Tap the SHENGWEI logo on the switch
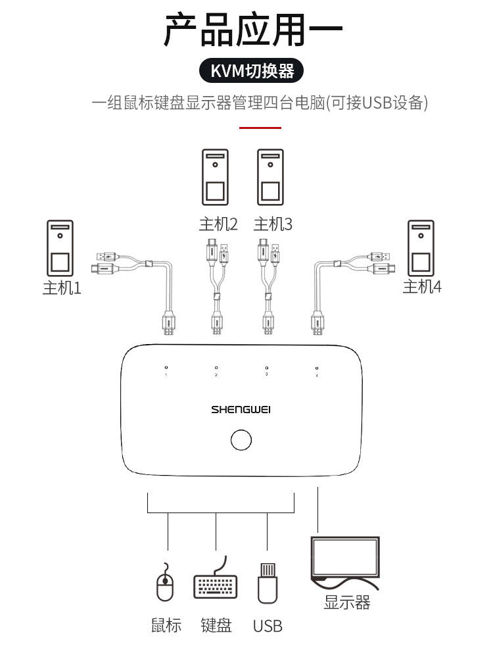(241, 409)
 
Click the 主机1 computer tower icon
(60, 248)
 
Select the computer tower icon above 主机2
(216, 177)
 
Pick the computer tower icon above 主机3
(270, 177)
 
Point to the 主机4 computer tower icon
(421, 248)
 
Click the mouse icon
(165, 582)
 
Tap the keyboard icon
(216, 582)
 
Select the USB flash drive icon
(266, 582)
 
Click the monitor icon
(345, 559)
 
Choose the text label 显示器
(346, 602)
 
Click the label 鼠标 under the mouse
(166, 625)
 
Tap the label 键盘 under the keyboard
(216, 625)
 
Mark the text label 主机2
(218, 224)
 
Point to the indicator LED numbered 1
(166, 368)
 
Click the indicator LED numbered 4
(317, 368)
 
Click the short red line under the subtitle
(260, 128)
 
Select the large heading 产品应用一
(252, 31)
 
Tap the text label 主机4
(422, 287)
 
